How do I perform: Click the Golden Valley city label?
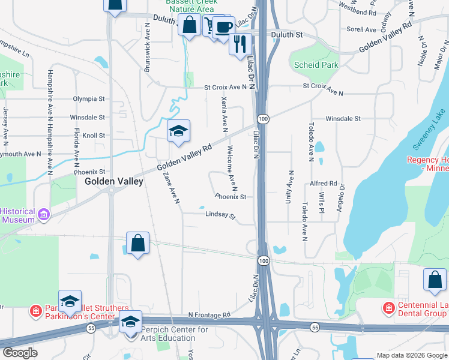tap(114, 181)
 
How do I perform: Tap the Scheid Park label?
tap(316, 65)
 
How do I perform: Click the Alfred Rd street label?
tap(324, 184)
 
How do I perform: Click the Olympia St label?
tap(88, 98)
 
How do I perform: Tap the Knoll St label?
tap(94, 136)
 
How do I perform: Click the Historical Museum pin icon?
tap(43, 214)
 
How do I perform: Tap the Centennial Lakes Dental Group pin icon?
tap(389, 308)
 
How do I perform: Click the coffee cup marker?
tap(224, 27)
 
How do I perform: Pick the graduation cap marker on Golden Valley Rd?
tap(178, 130)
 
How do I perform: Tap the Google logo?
tap(20, 353)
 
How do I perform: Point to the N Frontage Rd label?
tap(209, 314)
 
